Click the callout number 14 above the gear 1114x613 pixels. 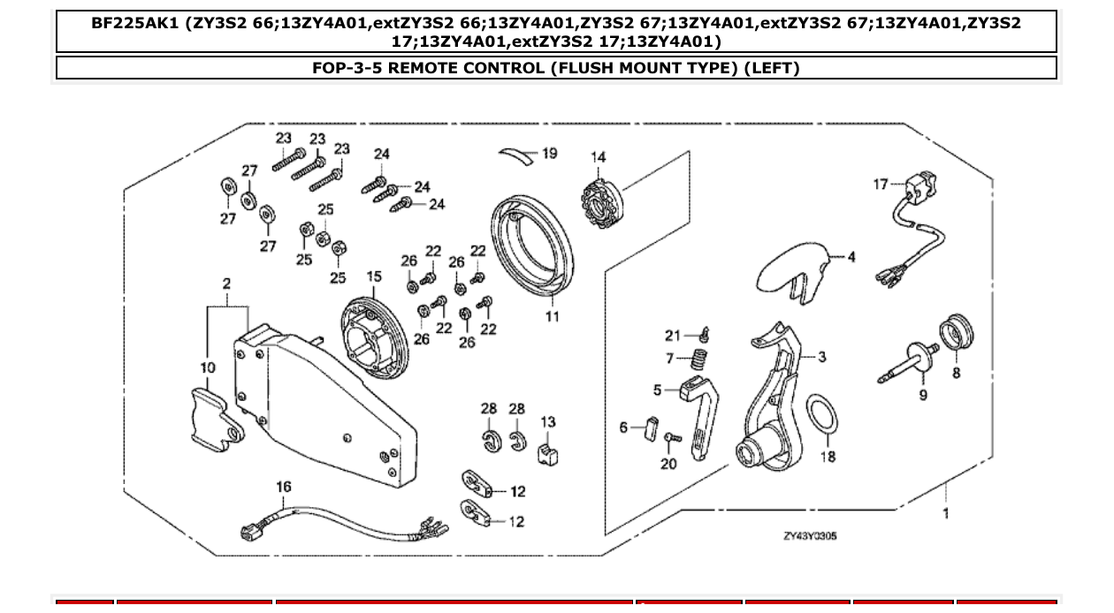pos(599,158)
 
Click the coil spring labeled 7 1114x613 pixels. pos(699,359)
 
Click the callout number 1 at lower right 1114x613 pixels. pos(945,513)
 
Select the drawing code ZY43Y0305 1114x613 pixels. pos(809,536)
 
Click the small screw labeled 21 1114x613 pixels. pos(705,335)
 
